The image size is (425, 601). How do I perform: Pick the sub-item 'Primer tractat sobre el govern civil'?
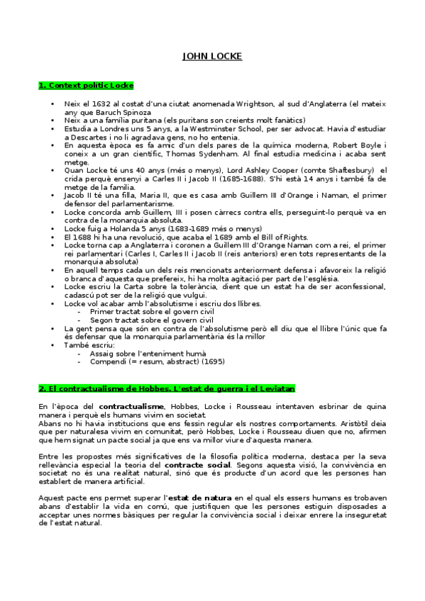pos(140,310)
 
